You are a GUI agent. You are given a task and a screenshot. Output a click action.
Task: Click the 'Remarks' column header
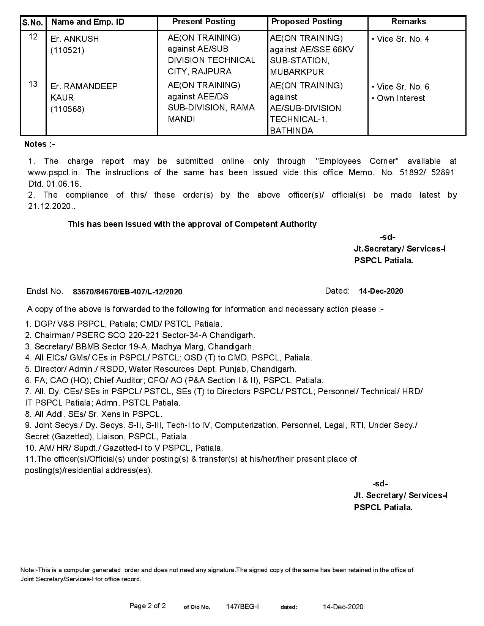408,22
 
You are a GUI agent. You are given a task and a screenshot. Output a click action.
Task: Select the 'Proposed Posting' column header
307,22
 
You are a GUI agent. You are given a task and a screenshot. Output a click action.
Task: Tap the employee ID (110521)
68,50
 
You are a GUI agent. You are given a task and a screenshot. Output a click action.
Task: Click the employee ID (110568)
68,109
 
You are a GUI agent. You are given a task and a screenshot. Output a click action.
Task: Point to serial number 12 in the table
33,37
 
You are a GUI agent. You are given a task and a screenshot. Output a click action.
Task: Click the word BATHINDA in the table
292,131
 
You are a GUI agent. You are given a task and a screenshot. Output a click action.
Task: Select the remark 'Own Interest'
400,98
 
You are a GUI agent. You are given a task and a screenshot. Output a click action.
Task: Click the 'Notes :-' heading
39,144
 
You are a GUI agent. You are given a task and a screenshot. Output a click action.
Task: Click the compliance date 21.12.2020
49,206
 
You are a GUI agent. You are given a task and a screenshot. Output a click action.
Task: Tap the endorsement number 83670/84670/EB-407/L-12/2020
128,292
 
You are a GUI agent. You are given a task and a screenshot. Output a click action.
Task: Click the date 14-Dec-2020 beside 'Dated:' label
381,291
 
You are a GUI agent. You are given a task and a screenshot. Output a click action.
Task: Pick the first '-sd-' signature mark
387,238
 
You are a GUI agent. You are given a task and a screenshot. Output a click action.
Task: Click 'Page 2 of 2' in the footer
148,606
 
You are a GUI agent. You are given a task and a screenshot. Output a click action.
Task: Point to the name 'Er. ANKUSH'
75,39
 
